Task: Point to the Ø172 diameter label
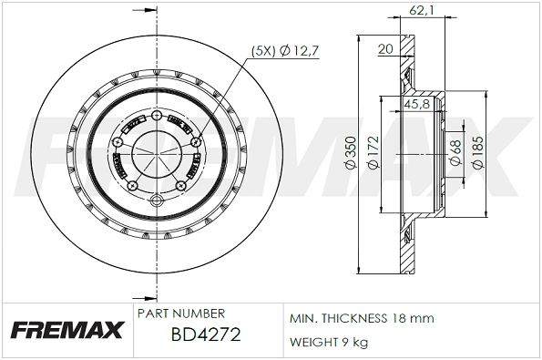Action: tap(373, 157)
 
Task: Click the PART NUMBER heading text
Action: tap(180, 313)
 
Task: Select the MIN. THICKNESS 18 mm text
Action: tap(362, 319)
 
